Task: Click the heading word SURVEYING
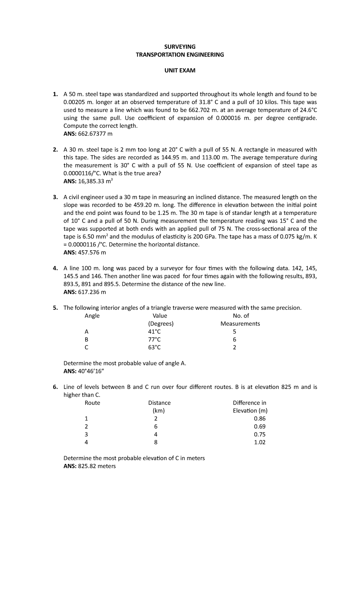click(x=180, y=47)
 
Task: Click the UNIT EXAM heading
click(x=180, y=71)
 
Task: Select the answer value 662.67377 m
click(x=95, y=134)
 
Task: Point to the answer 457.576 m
click(x=92, y=252)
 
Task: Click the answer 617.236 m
click(x=92, y=292)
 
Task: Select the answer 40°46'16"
click(x=91, y=371)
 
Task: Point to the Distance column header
click(x=159, y=403)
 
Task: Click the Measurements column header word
click(x=240, y=324)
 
